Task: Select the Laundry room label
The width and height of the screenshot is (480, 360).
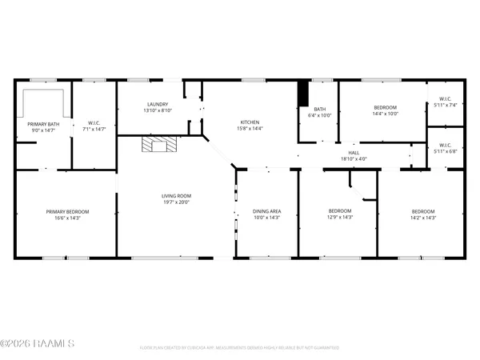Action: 156,105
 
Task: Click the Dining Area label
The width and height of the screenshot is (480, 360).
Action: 266,210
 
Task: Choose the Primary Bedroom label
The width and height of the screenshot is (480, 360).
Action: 66,211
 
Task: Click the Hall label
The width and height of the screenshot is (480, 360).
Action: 354,152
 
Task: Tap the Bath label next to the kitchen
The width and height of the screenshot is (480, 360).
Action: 319,110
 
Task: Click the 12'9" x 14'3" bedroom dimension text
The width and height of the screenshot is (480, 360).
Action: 340,217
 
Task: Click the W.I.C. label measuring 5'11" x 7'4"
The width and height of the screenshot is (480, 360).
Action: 444,105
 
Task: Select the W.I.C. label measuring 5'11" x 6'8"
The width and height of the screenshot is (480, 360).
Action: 444,150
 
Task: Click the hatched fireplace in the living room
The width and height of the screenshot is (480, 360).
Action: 158,144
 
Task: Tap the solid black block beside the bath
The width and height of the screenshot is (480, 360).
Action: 303,93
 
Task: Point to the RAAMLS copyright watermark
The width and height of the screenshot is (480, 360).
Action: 38,344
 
